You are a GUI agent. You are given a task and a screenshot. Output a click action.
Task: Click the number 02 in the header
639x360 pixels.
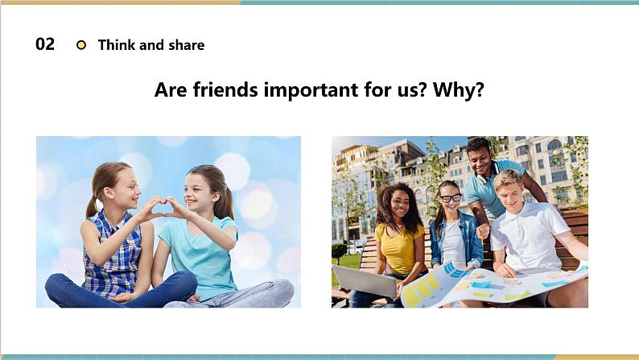click(x=45, y=44)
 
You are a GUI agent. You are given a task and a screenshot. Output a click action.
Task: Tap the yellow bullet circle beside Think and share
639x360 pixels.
click(x=80, y=45)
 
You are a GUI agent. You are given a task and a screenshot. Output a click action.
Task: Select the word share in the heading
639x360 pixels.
click(x=186, y=45)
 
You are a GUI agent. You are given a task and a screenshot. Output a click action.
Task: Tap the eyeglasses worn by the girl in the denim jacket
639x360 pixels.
click(x=450, y=198)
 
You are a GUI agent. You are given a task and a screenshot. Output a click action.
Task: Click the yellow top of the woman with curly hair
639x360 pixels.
click(x=399, y=246)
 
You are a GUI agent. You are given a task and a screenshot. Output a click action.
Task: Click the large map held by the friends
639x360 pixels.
click(x=491, y=283)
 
